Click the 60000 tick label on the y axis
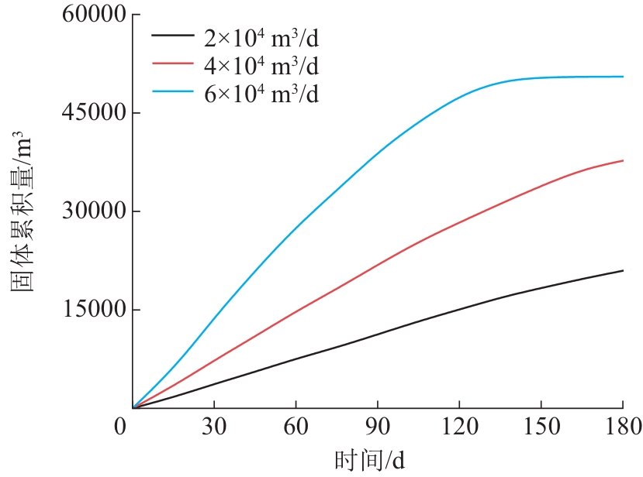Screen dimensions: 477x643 tap(92, 15)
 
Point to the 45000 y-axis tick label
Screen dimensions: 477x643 tap(92, 113)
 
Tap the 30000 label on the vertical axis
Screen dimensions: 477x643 tap(92, 211)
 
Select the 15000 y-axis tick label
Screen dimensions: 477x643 tap(92, 310)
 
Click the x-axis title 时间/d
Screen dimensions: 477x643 tap(369, 461)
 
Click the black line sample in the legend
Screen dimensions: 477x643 tap(175, 36)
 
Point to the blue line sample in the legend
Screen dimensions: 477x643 tap(175, 93)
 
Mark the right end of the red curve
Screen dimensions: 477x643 tap(622, 160)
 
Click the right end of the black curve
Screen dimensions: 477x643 tap(622, 270)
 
